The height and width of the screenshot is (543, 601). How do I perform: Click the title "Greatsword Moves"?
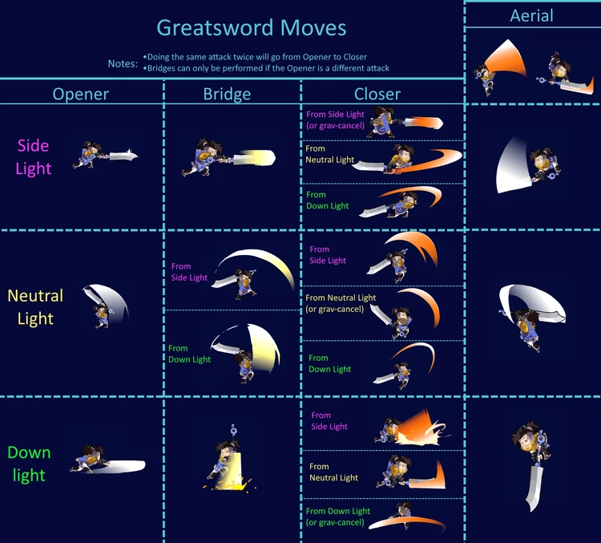pos(251,28)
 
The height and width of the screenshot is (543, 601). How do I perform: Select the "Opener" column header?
pos(81,94)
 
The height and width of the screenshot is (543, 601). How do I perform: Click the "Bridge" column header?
pos(228,94)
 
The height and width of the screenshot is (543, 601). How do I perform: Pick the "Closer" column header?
pos(377,94)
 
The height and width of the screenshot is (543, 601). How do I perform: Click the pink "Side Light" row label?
pos(33,156)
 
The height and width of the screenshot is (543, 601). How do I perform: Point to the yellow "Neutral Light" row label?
pos(35,307)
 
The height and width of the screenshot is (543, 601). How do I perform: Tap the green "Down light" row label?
pos(29,464)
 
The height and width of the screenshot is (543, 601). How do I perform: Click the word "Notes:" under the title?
pos(123,63)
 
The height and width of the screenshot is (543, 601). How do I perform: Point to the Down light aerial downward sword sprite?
pos(531,465)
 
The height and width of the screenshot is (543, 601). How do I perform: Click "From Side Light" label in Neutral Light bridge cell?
pos(189,272)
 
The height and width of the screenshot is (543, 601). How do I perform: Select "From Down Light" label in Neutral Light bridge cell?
pos(189,354)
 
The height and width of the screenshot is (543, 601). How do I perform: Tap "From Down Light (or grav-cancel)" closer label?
pos(338,517)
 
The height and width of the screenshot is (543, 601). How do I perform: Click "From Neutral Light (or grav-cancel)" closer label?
pos(341,303)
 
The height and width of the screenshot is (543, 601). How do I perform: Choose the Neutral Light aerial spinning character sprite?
pos(530,307)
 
